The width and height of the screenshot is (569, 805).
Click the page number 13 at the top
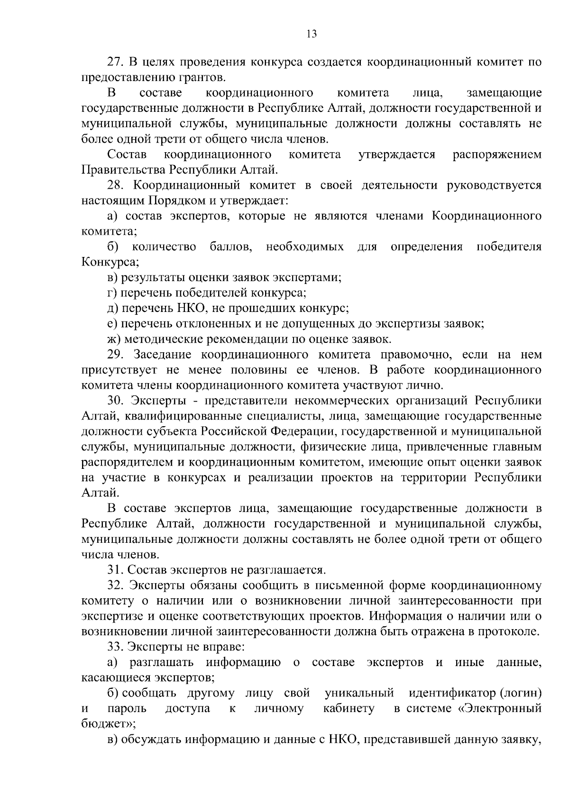coord(312,34)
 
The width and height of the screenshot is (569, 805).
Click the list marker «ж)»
coord(113,339)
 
